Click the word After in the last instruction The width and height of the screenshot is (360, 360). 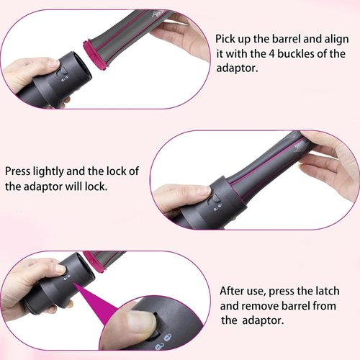(x=235, y=291)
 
